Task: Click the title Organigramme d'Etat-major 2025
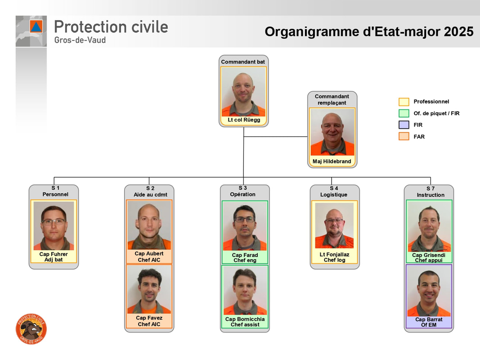(369, 32)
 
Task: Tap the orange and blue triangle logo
(36, 27)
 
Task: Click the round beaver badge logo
(31, 329)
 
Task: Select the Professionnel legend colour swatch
(404, 102)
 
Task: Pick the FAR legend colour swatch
(404, 136)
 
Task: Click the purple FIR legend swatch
(404, 125)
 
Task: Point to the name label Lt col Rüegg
(244, 120)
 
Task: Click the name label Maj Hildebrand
(332, 162)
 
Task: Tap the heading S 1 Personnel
(55, 191)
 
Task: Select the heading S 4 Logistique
(334, 191)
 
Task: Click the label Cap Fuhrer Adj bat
(54, 257)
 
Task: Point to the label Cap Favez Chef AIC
(149, 321)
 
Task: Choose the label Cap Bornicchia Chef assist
(245, 322)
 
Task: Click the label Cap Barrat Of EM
(429, 322)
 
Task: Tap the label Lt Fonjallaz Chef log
(334, 257)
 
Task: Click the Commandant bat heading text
(243, 62)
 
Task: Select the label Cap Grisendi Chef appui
(429, 258)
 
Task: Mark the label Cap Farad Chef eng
(245, 258)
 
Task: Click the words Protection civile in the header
(111, 27)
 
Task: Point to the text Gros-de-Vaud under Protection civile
(80, 40)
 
